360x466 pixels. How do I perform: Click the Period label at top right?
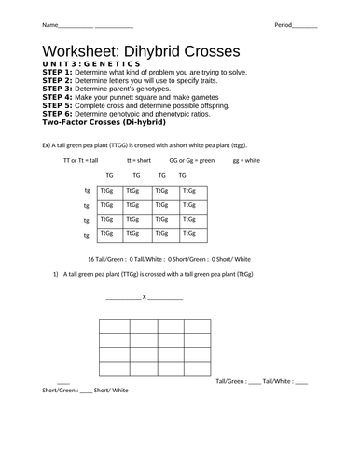[284, 23]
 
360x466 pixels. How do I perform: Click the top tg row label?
[85, 191]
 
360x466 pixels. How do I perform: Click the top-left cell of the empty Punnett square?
[116, 325]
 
